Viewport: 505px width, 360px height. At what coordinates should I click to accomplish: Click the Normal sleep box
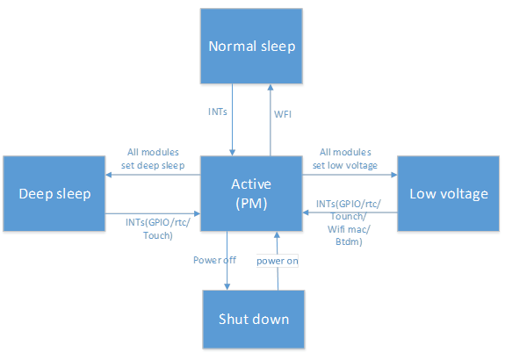(251, 46)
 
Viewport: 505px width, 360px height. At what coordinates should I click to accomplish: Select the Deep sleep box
(54, 193)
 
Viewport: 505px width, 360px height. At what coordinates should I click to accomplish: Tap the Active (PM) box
(251, 193)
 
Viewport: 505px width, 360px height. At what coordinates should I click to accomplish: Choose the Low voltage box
(448, 193)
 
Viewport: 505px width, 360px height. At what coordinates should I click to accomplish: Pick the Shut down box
(254, 319)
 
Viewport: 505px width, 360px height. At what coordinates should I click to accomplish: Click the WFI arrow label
(283, 114)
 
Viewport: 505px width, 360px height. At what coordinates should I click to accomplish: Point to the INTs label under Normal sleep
(218, 112)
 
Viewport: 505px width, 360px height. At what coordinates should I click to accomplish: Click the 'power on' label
(278, 261)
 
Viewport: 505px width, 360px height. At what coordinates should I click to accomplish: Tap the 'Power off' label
(214, 260)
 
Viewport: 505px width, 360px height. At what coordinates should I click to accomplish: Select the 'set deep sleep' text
(153, 165)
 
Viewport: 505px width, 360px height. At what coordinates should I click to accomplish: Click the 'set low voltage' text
(345, 165)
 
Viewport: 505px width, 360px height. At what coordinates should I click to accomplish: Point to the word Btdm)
(349, 241)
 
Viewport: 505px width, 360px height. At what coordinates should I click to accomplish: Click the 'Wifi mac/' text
(349, 229)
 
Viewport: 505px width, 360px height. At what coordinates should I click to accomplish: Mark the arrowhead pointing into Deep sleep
(109, 175)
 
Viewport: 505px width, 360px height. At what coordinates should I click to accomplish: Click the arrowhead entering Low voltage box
(394, 175)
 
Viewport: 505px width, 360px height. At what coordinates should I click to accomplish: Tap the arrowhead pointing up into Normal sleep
(271, 87)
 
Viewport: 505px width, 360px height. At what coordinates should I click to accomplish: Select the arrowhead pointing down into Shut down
(227, 286)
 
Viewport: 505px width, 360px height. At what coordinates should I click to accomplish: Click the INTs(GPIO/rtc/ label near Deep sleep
(158, 222)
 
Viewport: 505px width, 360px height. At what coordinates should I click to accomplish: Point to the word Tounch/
(349, 216)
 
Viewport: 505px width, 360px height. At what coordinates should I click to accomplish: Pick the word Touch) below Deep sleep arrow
(158, 235)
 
